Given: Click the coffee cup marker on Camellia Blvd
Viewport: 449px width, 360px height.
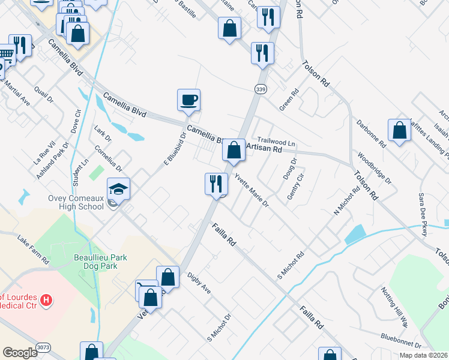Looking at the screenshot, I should click(x=188, y=100).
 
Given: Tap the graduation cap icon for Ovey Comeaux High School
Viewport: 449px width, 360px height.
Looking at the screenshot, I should click(x=119, y=189).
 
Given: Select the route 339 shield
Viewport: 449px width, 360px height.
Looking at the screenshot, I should click(x=260, y=89).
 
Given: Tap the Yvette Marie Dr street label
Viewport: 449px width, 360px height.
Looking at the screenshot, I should click(x=251, y=190).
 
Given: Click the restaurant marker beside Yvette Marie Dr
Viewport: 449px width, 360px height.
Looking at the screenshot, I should click(x=216, y=184).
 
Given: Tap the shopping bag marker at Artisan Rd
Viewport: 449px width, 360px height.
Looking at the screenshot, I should click(x=234, y=150).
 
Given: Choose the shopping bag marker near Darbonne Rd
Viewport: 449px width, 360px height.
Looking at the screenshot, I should click(x=399, y=130).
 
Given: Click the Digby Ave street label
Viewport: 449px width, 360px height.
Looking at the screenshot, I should click(x=199, y=284).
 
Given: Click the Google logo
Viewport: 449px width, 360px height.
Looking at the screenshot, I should click(x=20, y=352).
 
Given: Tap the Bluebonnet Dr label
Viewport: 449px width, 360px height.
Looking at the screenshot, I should click(x=400, y=340).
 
